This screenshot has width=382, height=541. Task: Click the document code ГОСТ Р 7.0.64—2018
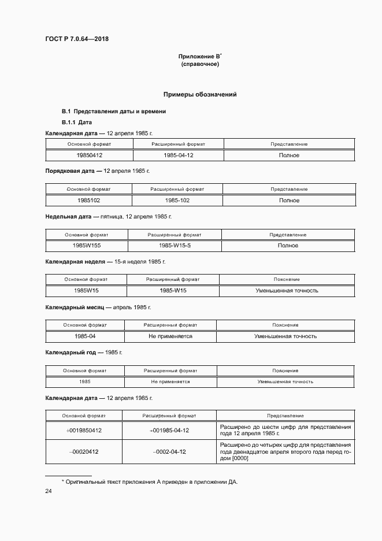(76, 39)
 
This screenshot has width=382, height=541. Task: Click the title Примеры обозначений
(200, 94)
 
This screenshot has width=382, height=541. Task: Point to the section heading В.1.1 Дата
(77, 123)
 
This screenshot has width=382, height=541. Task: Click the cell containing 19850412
(89, 155)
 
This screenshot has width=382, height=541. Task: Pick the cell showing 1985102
(89, 201)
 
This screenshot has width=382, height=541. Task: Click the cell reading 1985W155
(86, 246)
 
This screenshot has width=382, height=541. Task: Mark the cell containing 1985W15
(86, 291)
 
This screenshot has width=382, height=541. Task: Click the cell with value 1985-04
(85, 336)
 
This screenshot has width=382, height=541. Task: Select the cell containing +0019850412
(84, 431)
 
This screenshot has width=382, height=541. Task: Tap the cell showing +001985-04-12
(169, 431)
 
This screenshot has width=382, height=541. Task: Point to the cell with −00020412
(84, 451)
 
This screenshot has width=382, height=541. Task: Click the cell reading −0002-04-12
(169, 451)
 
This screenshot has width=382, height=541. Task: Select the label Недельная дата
(68, 216)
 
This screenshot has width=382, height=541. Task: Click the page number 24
(49, 491)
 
